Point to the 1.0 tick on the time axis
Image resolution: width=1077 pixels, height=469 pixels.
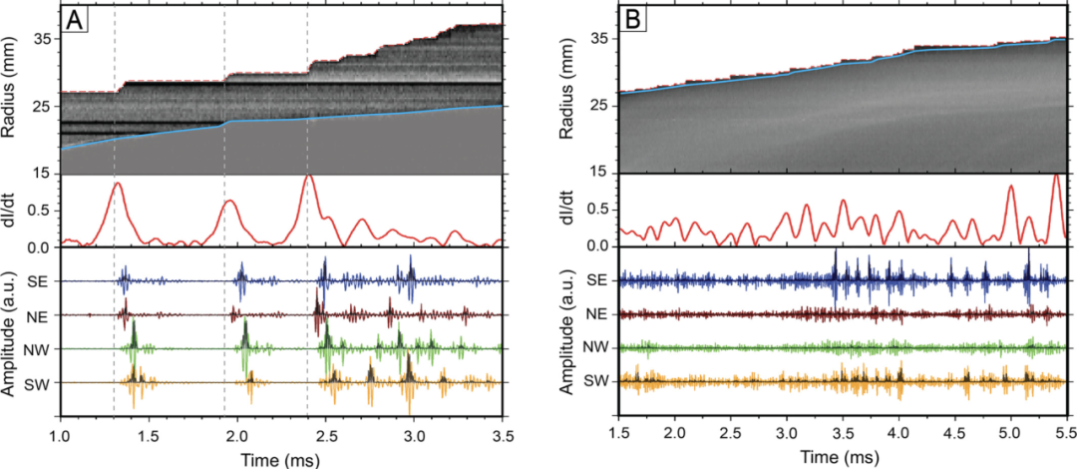[60, 435]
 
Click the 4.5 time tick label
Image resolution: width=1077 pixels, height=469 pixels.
[954, 435]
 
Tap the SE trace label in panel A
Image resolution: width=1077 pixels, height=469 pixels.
[39, 281]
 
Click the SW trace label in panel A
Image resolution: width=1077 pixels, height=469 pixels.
[39, 383]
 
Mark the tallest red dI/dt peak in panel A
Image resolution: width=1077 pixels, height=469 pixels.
[308, 176]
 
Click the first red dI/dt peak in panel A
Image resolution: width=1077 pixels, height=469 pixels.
[118, 184]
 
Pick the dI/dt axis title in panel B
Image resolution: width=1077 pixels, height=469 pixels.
[571, 211]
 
